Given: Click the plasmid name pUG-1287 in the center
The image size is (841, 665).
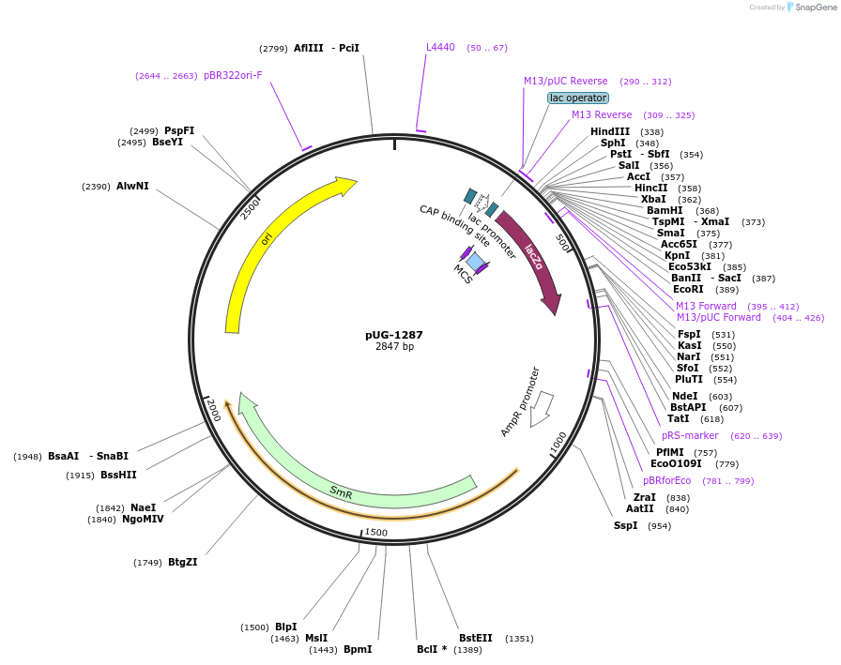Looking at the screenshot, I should coord(394,335).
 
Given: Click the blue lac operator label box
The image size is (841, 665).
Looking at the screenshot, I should coord(578,98).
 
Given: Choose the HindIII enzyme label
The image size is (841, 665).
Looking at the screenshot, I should coord(610,132).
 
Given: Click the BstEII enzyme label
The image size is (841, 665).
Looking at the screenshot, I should coord(476,638).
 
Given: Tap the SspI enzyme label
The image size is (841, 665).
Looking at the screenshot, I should coord(626,525).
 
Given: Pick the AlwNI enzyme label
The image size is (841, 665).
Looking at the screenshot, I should coord(132,187).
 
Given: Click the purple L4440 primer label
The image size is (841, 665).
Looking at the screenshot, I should coord(440,47).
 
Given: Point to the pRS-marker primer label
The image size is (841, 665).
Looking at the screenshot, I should coord(690,436).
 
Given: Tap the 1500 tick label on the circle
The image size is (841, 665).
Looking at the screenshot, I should coord(375,533).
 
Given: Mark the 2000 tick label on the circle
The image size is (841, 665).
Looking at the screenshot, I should coord(214,410).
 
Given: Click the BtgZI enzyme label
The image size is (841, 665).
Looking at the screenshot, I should coord(183,563).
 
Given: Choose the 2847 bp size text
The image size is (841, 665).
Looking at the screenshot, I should coord(394,347).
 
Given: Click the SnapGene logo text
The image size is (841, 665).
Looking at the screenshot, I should coord(813,8).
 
